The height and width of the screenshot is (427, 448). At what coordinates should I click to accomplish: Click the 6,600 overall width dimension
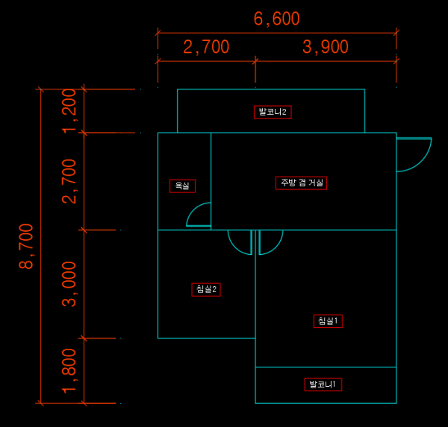pos(276,19)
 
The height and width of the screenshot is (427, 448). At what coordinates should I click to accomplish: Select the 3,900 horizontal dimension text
pos(326,47)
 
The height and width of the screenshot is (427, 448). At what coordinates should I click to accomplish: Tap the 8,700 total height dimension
pos(26,246)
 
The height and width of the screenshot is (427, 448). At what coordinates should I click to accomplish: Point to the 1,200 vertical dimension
pos(69,111)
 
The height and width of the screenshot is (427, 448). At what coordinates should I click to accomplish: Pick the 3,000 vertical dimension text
pos(69,284)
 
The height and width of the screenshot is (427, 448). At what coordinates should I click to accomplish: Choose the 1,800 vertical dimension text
pos(69,371)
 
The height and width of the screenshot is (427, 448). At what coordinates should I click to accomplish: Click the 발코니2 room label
pos(273,112)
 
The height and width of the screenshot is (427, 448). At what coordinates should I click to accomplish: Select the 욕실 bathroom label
pos(182,186)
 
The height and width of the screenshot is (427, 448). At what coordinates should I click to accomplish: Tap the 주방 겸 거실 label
pos(301,183)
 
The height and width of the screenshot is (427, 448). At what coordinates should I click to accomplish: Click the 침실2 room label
pos(206,290)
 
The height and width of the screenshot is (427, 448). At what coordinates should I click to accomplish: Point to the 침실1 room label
pos(328,321)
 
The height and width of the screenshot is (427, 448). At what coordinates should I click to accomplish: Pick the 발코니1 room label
pos(323,385)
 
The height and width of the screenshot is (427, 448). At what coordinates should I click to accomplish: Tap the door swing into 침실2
pos(235,247)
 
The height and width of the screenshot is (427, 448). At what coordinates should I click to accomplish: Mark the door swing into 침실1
pos(276,247)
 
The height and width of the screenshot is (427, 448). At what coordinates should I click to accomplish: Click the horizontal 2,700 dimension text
pos(206,47)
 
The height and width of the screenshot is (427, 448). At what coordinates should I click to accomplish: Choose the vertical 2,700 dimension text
pos(69,181)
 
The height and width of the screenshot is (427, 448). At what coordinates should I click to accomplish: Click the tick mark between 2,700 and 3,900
pos(255,61)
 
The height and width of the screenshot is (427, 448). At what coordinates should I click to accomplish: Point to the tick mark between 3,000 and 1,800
pos(84,338)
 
